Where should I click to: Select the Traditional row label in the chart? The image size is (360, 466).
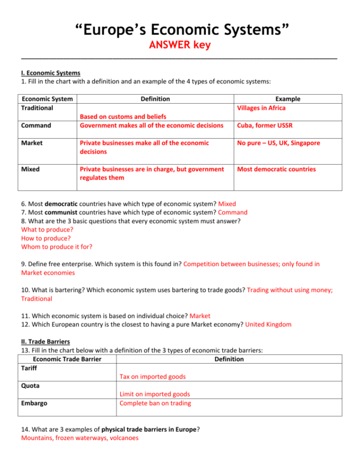37,108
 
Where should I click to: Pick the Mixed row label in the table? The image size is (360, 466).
30,169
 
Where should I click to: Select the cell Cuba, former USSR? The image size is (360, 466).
264,125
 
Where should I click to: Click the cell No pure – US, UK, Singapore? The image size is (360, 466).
279,143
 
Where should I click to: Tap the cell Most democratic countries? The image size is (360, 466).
276,169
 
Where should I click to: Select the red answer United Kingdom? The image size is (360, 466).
268,324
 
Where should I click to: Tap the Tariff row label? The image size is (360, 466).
29,368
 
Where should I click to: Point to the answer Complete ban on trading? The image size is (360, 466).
155,403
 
